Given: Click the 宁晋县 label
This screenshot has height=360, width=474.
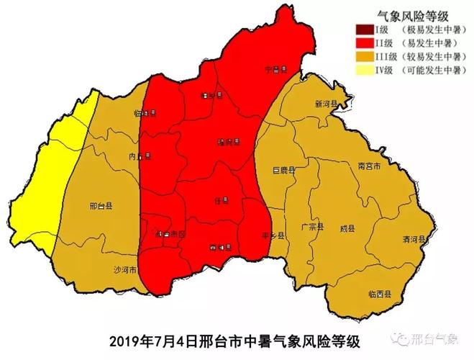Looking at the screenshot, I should coord(275,70).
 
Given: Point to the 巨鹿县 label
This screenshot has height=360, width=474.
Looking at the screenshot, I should coord(284,170).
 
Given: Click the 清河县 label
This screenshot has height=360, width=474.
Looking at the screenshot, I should coord(415,238).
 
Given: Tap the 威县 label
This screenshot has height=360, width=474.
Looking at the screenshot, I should coord(347,228).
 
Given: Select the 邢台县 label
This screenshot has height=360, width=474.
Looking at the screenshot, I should coord(101,206).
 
